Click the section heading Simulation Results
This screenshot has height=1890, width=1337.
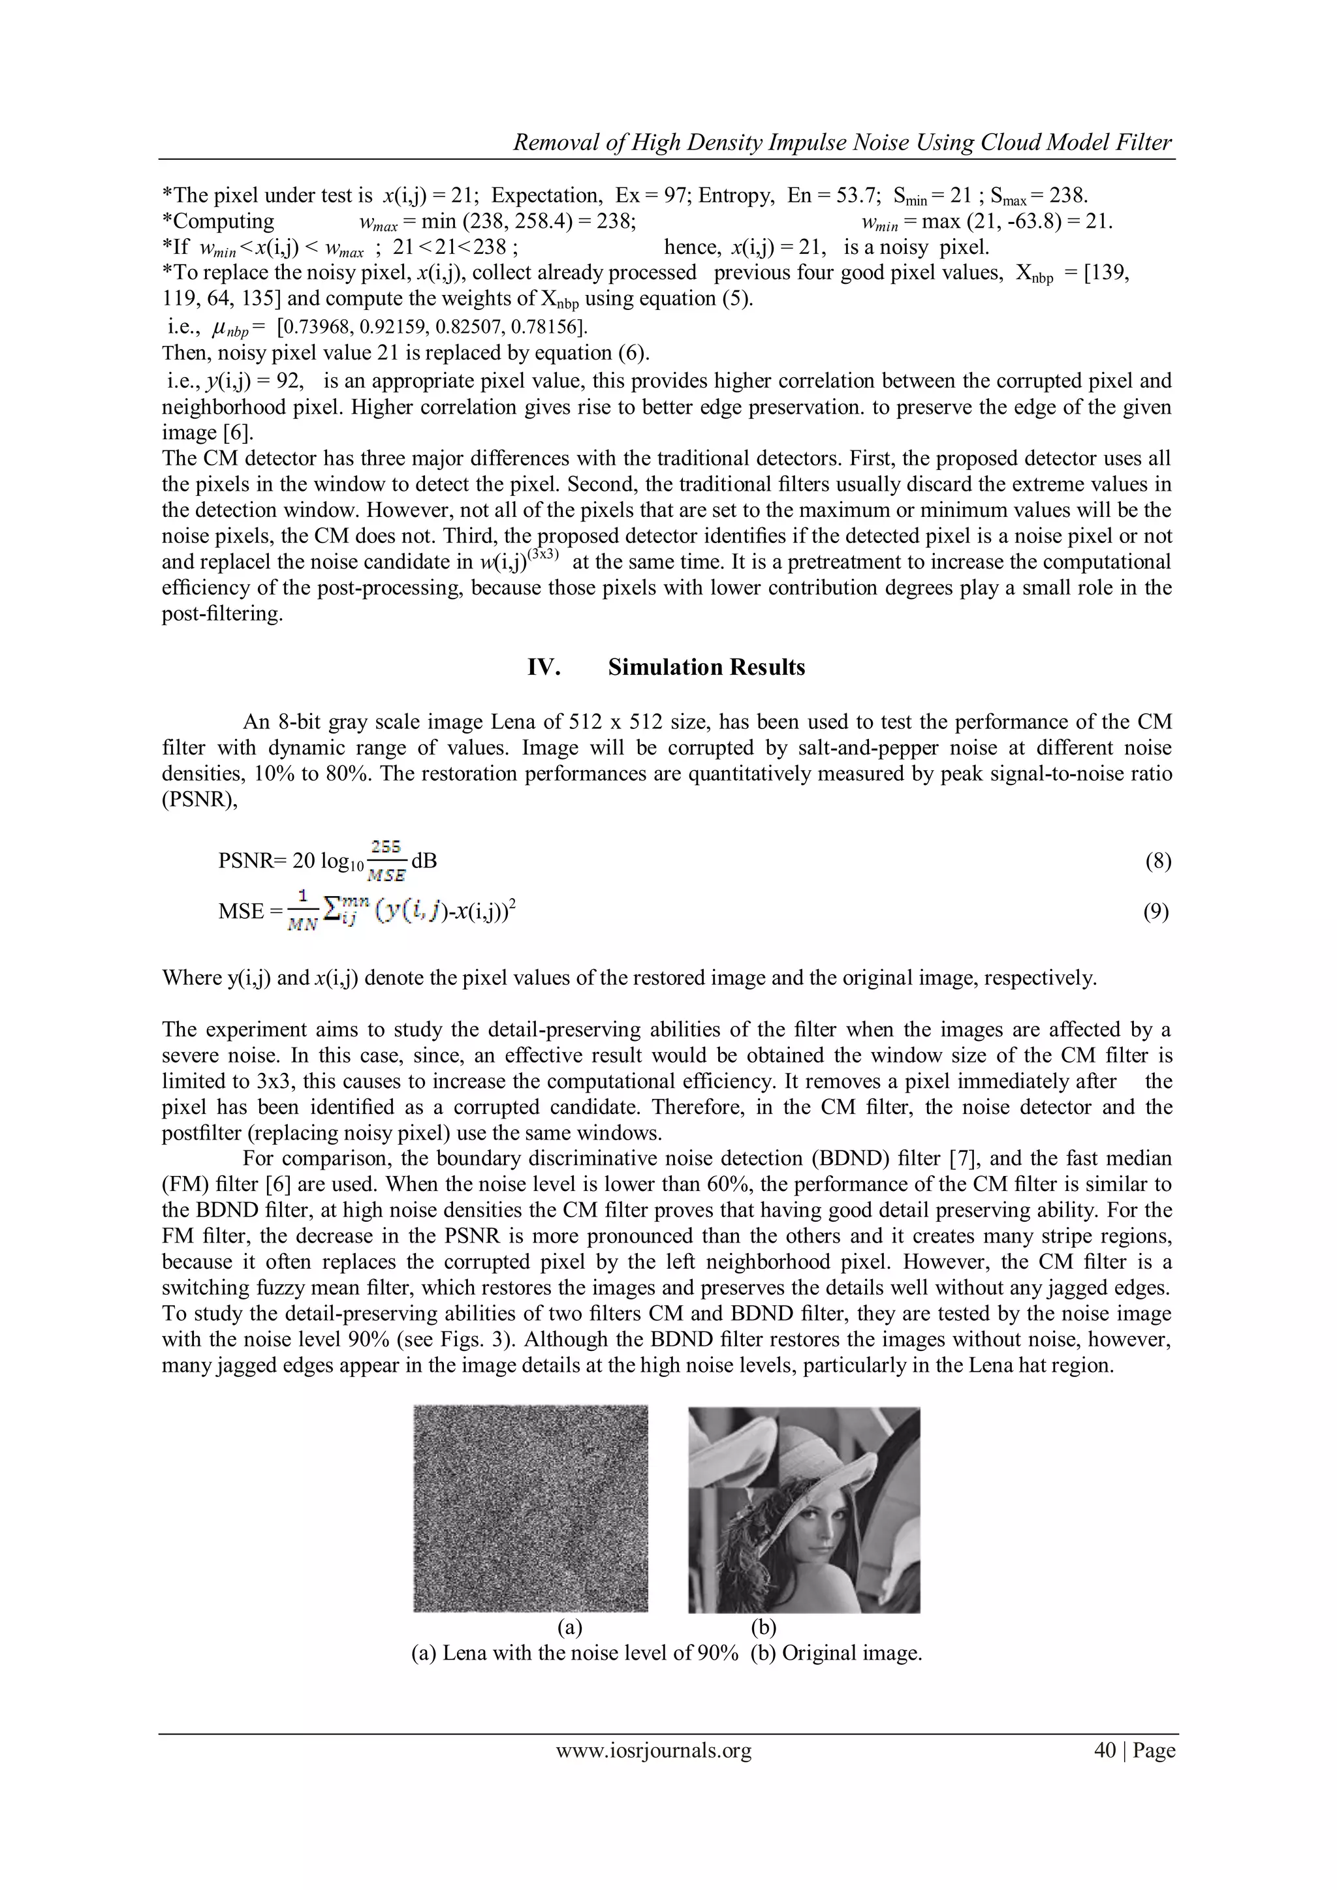tap(706, 667)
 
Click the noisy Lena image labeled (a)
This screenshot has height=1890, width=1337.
tap(530, 1508)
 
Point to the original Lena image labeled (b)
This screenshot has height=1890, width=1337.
tap(804, 1509)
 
